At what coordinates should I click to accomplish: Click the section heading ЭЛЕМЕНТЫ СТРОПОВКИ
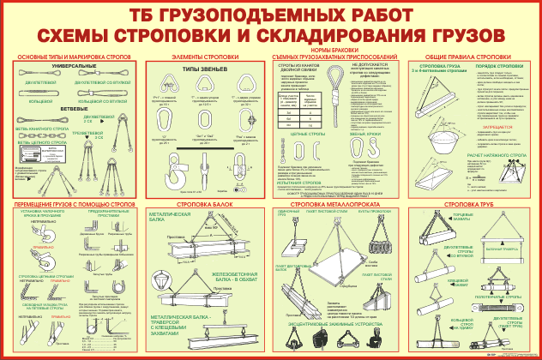203,56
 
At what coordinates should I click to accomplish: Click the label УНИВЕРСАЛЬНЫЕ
74,65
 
